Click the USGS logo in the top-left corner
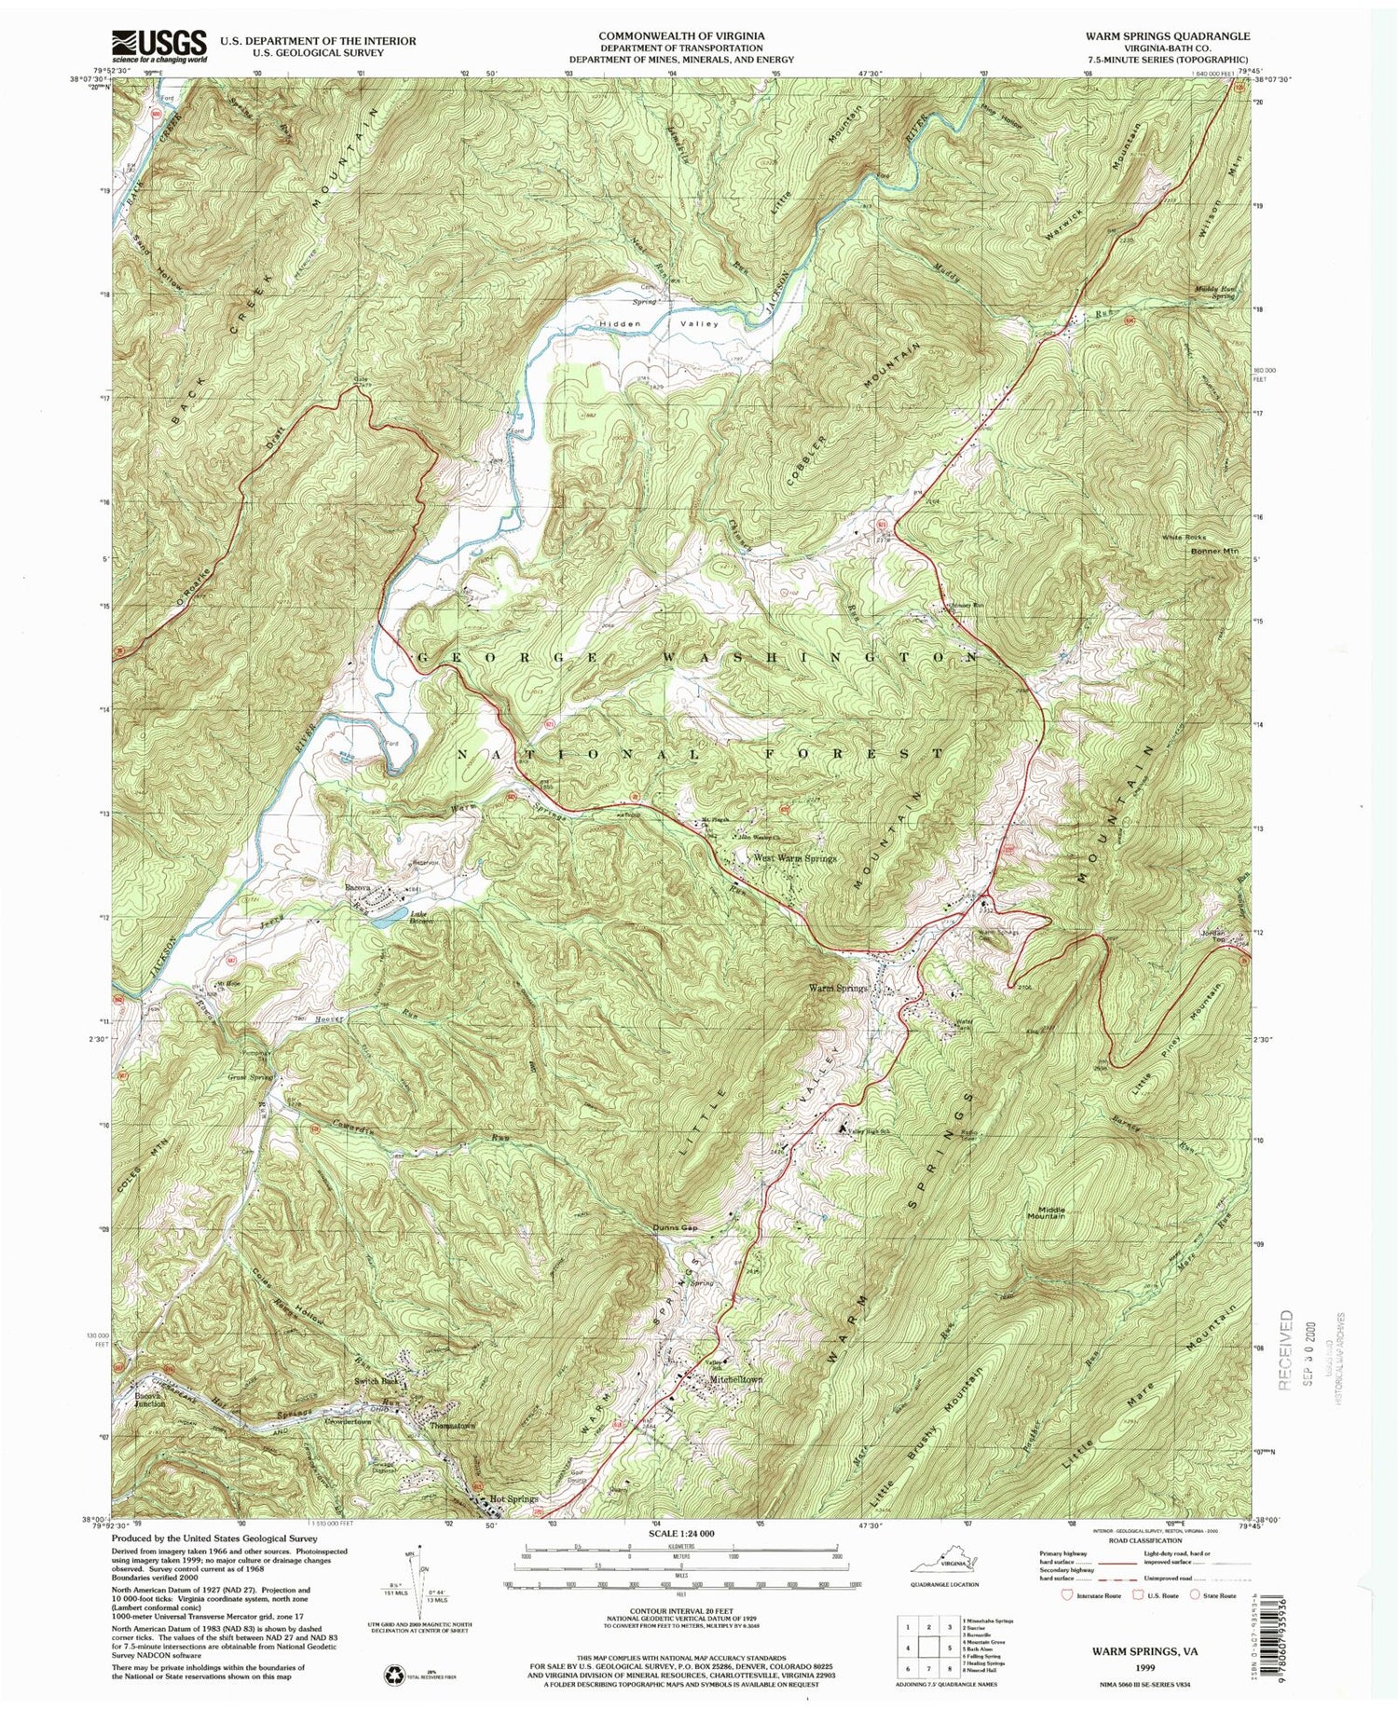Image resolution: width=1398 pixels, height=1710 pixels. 158,45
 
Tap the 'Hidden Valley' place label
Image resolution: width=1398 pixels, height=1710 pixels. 658,324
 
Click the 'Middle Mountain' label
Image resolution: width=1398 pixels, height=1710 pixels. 1046,1212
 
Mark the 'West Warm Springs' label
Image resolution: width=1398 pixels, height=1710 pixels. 794,858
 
